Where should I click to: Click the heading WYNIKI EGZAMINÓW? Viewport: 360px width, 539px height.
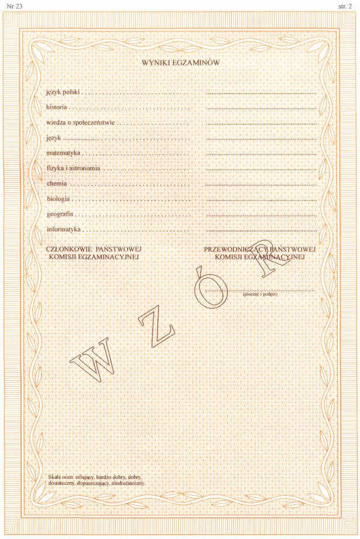click(180, 62)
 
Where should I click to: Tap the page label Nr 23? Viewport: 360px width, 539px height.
click(12, 6)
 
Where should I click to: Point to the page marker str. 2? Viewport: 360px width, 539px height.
click(347, 6)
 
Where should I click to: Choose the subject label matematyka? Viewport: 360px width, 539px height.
click(63, 153)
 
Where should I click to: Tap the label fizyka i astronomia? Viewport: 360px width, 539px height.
click(73, 169)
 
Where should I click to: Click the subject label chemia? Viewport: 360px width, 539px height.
click(57, 184)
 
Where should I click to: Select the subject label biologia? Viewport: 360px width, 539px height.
click(59, 199)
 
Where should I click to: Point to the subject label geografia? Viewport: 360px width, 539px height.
click(60, 214)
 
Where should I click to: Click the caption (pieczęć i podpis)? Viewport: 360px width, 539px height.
click(260, 294)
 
